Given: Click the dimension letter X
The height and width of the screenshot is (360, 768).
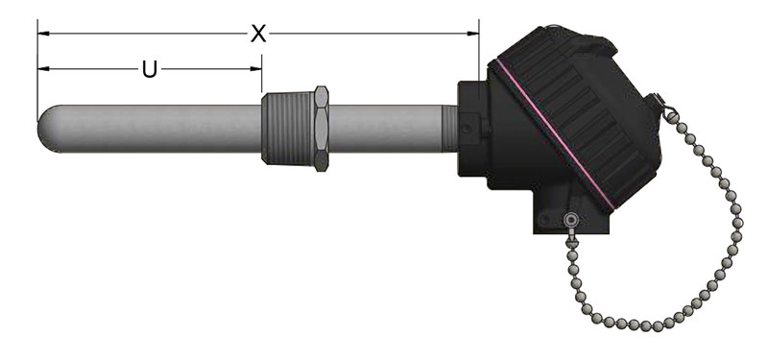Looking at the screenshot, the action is [258, 34].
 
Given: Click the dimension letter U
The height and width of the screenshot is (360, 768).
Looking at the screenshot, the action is [150, 69].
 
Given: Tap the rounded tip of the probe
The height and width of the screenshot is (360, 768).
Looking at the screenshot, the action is [47, 129].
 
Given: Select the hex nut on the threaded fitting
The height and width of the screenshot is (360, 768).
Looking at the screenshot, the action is [322, 129].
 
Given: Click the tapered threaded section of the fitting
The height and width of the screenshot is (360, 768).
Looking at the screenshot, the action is [287, 129].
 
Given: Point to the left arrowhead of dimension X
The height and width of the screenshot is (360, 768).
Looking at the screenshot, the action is [43, 34].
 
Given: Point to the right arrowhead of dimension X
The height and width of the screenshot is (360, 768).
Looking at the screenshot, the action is [473, 34].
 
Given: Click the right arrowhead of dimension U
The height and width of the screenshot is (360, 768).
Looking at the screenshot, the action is [255, 69].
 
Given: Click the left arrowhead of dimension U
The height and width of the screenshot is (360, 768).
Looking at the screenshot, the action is [43, 69].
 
